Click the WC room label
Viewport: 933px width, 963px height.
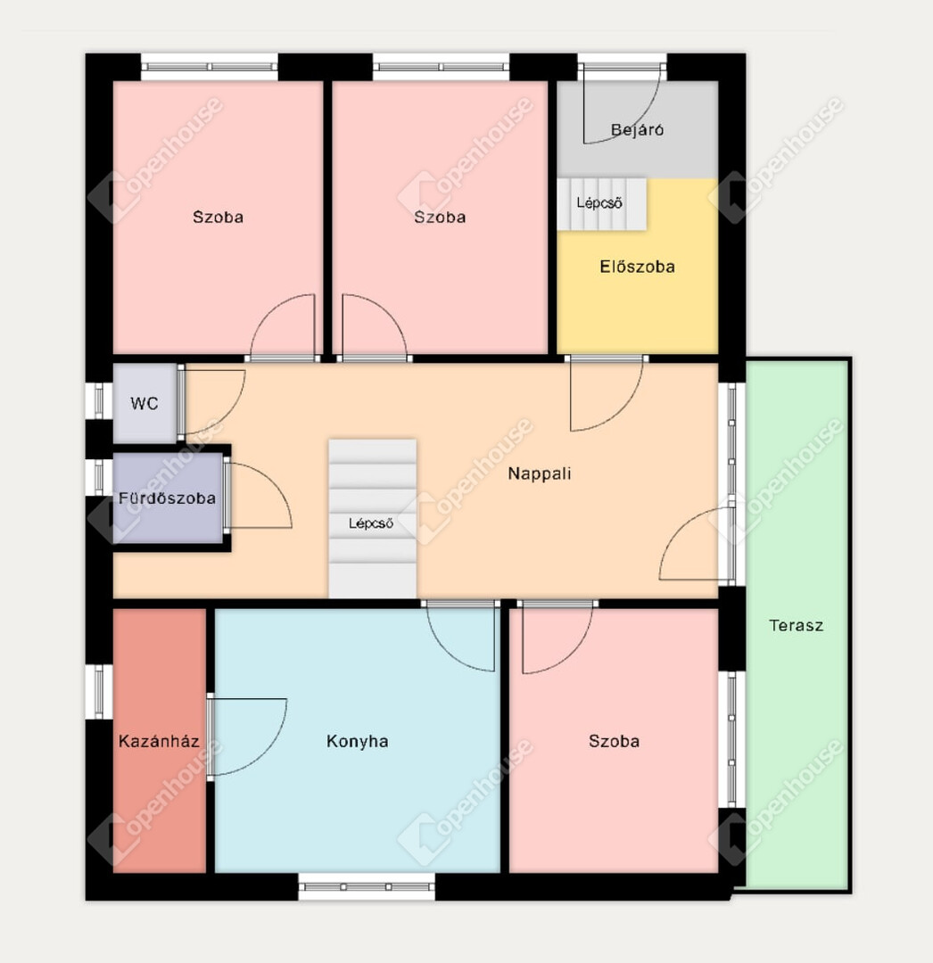(x=144, y=404)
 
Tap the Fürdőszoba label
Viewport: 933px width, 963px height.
(x=167, y=498)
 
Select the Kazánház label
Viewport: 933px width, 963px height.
(x=159, y=741)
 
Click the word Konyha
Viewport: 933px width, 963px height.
(x=358, y=741)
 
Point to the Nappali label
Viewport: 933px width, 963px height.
(x=540, y=473)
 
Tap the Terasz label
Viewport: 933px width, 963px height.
(x=796, y=626)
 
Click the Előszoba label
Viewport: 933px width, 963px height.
(x=637, y=267)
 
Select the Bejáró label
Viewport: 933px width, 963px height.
(x=637, y=129)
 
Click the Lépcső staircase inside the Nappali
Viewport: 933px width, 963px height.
(x=372, y=518)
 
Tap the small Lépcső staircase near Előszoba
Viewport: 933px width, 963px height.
(x=602, y=204)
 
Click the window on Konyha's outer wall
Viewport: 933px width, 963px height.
(x=367, y=887)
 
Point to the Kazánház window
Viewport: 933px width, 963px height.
(x=99, y=692)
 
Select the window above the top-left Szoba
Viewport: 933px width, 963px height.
(x=210, y=66)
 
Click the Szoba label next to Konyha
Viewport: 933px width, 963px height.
(x=615, y=741)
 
